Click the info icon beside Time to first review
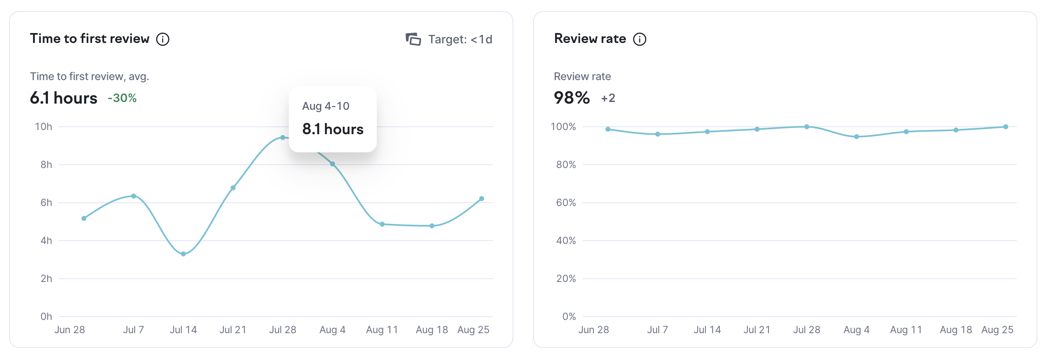(x=163, y=39)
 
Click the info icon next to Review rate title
(x=640, y=39)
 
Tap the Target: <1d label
(x=460, y=39)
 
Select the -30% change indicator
(x=122, y=98)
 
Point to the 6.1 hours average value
(x=64, y=98)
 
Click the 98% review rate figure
(x=572, y=98)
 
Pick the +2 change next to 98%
(x=608, y=98)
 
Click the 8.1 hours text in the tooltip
(x=333, y=129)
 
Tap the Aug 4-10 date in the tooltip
(x=326, y=106)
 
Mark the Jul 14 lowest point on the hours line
(x=183, y=254)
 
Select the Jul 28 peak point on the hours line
(x=283, y=137)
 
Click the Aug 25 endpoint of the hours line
(x=482, y=199)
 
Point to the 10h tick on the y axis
(x=43, y=127)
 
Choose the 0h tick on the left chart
(x=46, y=317)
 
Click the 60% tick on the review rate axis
(x=566, y=203)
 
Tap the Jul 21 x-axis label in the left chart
(x=233, y=330)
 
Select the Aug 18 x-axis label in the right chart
(x=956, y=330)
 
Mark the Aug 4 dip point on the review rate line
(x=857, y=137)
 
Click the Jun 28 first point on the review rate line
(x=608, y=129)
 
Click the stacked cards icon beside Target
(x=413, y=39)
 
